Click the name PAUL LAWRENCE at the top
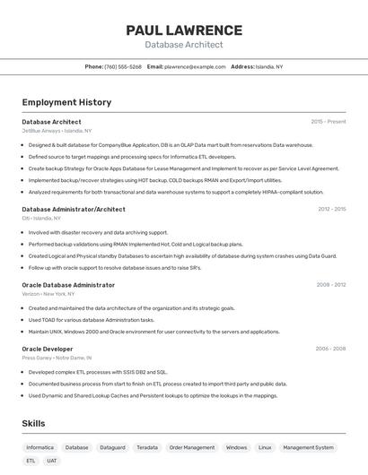click(x=184, y=30)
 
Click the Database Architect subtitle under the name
click(x=184, y=45)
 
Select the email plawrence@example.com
click(x=195, y=66)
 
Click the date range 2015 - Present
click(x=328, y=121)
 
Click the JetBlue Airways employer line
click(x=57, y=131)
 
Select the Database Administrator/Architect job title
click(x=74, y=209)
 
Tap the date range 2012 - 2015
click(x=331, y=209)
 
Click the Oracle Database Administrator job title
click(x=68, y=285)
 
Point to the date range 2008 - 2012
click(x=331, y=285)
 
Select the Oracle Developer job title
click(x=48, y=349)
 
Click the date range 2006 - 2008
click(x=331, y=349)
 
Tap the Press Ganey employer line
click(x=57, y=358)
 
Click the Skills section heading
click(x=34, y=423)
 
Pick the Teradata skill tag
click(x=147, y=447)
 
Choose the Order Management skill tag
click(x=192, y=447)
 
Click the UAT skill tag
click(x=52, y=461)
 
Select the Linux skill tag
click(x=265, y=447)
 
